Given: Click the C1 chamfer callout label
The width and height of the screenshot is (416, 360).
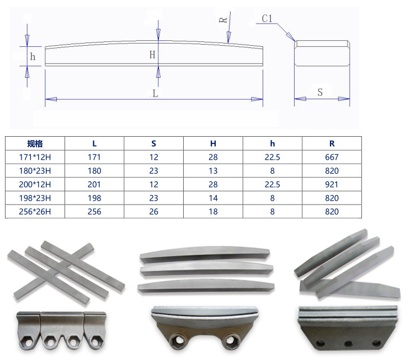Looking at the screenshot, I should coord(267,19).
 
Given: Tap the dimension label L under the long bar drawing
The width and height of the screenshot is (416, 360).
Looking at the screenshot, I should coord(155,93).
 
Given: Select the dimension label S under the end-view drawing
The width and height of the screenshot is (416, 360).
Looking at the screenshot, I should coord(320,92).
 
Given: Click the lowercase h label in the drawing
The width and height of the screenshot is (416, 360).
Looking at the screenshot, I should coord(33,56).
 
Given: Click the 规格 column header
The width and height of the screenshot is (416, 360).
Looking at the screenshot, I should coord(35,143).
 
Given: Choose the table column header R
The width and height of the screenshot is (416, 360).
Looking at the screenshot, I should coord(332,143).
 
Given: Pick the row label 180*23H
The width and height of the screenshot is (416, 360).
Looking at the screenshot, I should coord(35,171).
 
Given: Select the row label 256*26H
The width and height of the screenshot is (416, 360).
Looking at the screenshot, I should coord(35,212).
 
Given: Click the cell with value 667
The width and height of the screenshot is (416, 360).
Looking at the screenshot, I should coord(332,157).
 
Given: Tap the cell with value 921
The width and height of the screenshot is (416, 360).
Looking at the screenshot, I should coord(332,185).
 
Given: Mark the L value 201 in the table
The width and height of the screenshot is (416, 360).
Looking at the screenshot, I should coord(94,185).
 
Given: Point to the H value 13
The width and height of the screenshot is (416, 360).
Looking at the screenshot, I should coord(213,171).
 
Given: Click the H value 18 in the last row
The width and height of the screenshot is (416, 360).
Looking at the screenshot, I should coord(213,212).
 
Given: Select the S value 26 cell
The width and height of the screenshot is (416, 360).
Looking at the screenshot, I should coord(154,212).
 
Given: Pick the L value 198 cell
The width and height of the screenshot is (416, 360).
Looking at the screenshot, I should coord(94,198).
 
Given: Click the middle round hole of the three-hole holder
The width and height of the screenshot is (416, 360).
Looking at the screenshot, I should coord(348,342).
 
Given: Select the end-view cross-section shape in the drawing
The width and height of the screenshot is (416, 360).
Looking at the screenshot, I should coord(322,53).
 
